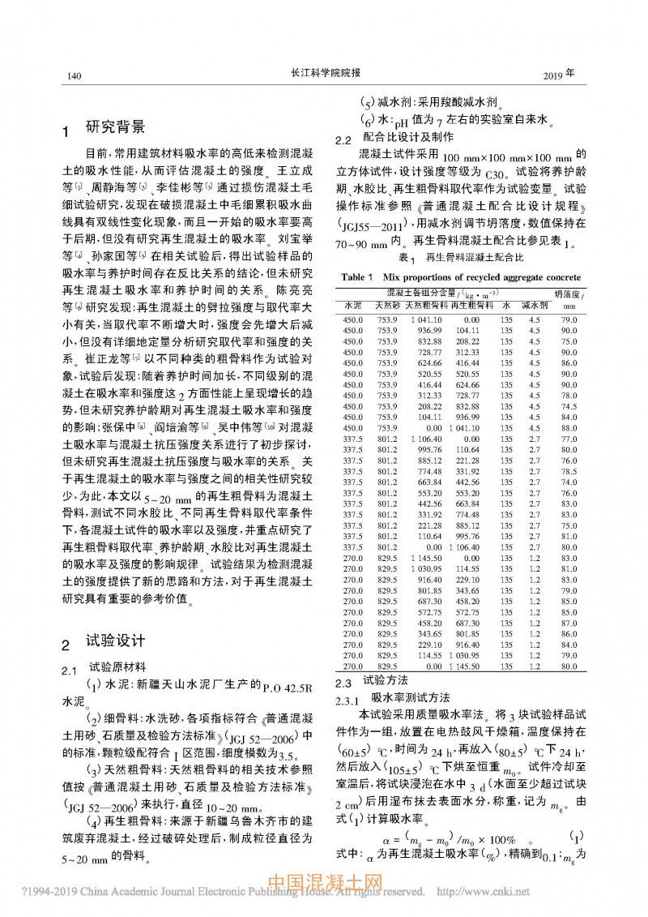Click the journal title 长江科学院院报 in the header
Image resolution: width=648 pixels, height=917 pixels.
pos(324,74)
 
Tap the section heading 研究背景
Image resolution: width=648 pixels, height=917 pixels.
pos(116,127)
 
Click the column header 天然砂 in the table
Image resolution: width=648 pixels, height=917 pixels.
pos(387,306)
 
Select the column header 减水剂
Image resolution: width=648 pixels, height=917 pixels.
pos(534,306)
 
